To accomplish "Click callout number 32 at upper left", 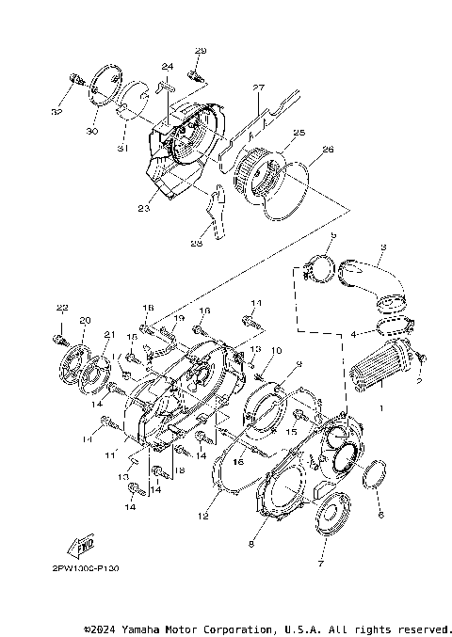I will (x=57, y=112).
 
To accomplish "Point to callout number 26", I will (x=328, y=148).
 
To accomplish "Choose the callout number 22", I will (x=61, y=309).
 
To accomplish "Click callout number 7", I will (x=320, y=564).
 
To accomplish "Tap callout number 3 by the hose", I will (x=382, y=247).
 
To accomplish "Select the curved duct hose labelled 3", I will (x=373, y=281).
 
